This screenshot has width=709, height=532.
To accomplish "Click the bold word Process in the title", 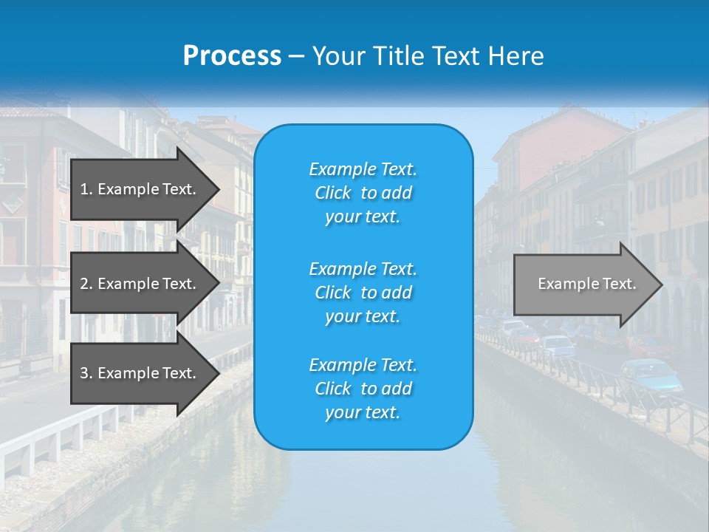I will pos(232,56).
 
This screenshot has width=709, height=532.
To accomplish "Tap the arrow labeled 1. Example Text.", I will pos(140,189).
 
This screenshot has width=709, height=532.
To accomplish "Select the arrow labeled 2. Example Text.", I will pos(140,284).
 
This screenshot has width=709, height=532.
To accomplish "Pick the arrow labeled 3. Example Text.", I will pos(140,373).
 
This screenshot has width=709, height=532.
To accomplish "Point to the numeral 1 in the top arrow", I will pos(84,189).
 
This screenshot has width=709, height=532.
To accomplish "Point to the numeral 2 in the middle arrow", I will pos(84,284).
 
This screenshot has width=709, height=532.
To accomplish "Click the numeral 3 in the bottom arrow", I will pos(84,373).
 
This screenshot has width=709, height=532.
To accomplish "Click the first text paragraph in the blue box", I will pos(363,193).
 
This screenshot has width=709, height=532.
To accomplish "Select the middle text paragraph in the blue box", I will pos(363,293).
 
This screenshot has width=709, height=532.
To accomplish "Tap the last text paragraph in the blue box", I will pos(363,389).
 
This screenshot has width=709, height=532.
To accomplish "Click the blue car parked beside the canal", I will pos(651,375).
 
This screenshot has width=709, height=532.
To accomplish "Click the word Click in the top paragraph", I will pos(333,193).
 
